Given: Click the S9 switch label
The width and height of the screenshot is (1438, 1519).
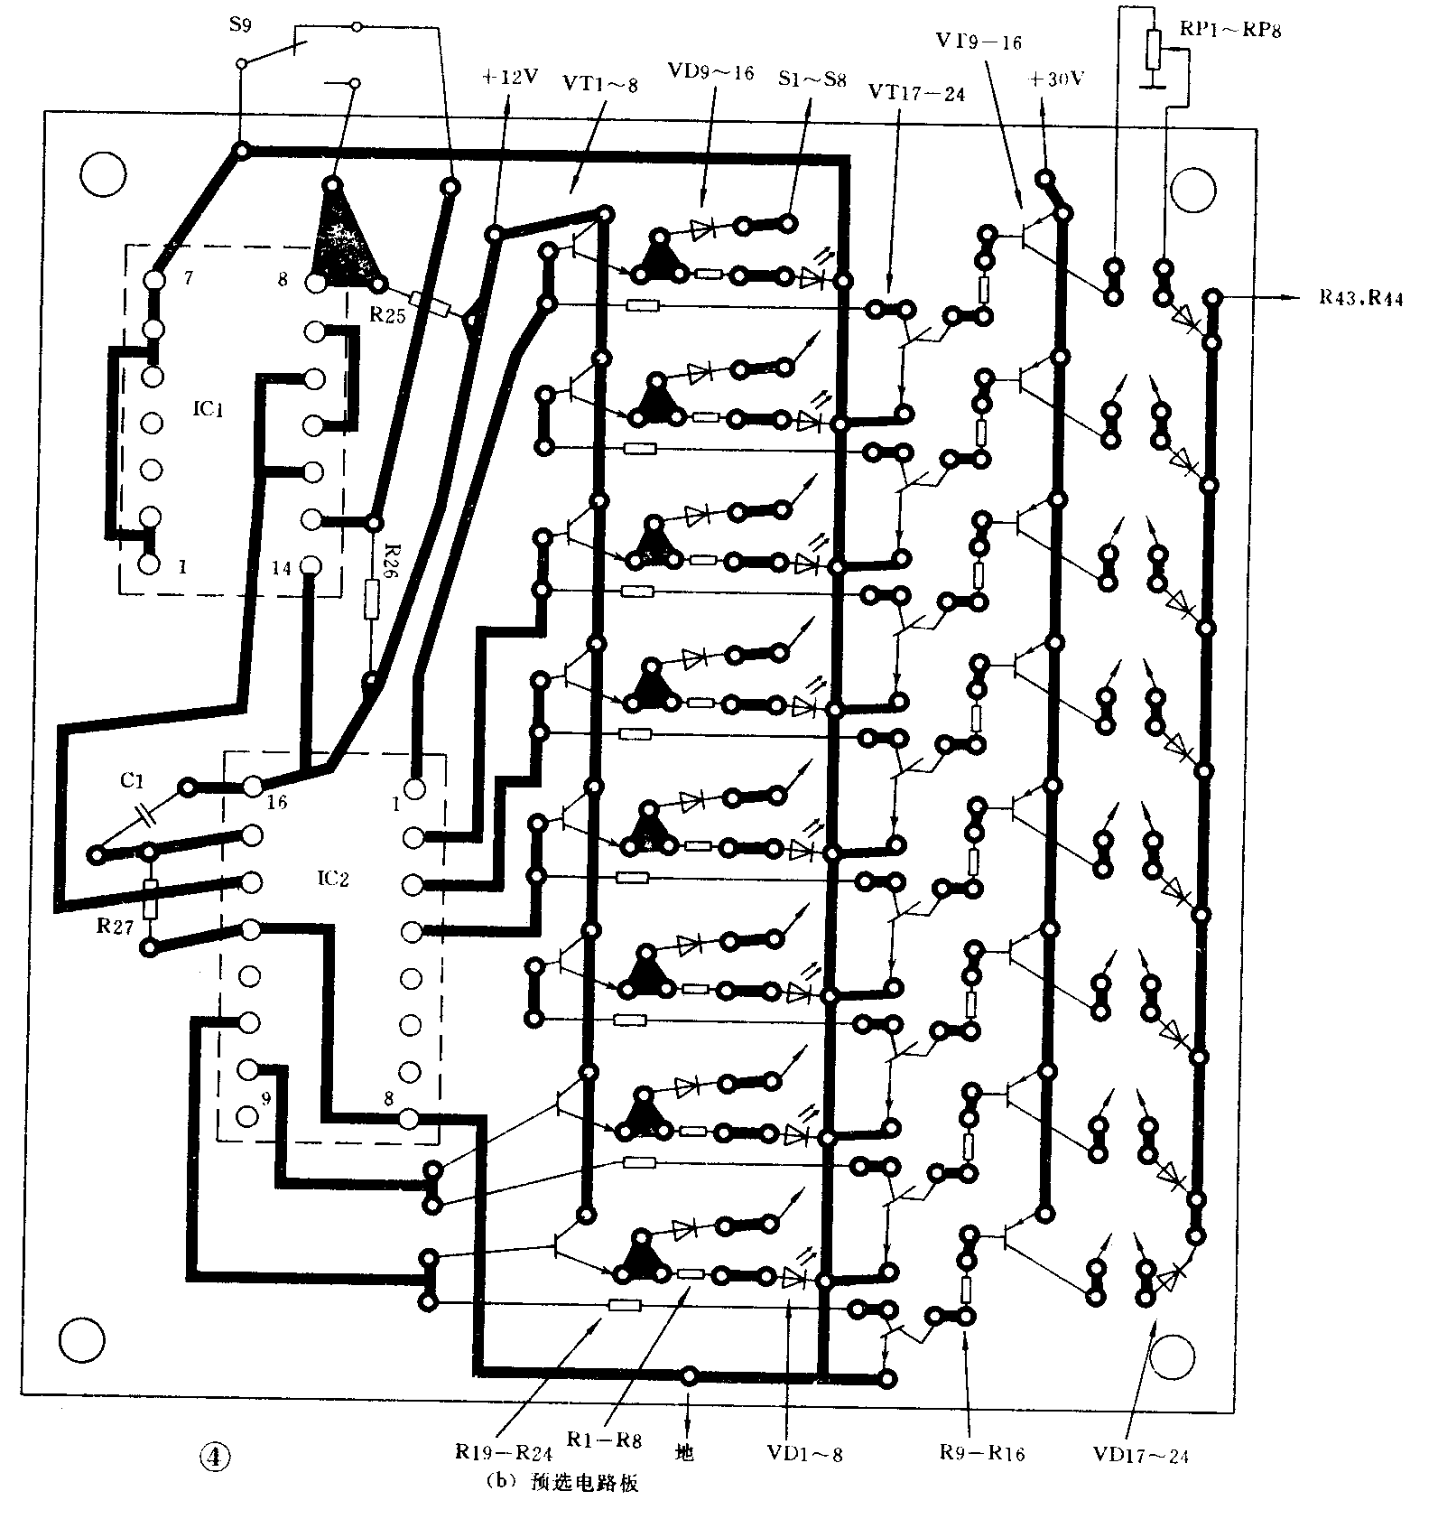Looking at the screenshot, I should click(x=240, y=25).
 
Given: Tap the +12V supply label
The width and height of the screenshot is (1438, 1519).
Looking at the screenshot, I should click(x=509, y=77).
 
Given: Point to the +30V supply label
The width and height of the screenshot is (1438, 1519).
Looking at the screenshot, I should click(x=1056, y=79).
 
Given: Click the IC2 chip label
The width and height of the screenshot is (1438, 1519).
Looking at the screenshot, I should click(x=332, y=878).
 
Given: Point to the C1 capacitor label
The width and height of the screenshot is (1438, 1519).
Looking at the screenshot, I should click(x=132, y=780).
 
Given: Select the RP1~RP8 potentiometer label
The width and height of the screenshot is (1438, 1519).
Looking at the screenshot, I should click(x=1229, y=30).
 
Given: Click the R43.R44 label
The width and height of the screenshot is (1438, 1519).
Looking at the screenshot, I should click(x=1360, y=299).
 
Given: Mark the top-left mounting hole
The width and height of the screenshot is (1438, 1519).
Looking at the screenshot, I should click(x=102, y=174).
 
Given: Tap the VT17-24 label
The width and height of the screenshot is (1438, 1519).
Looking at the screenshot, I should click(x=916, y=93).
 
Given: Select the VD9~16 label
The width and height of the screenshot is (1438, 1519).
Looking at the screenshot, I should click(x=710, y=72).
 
